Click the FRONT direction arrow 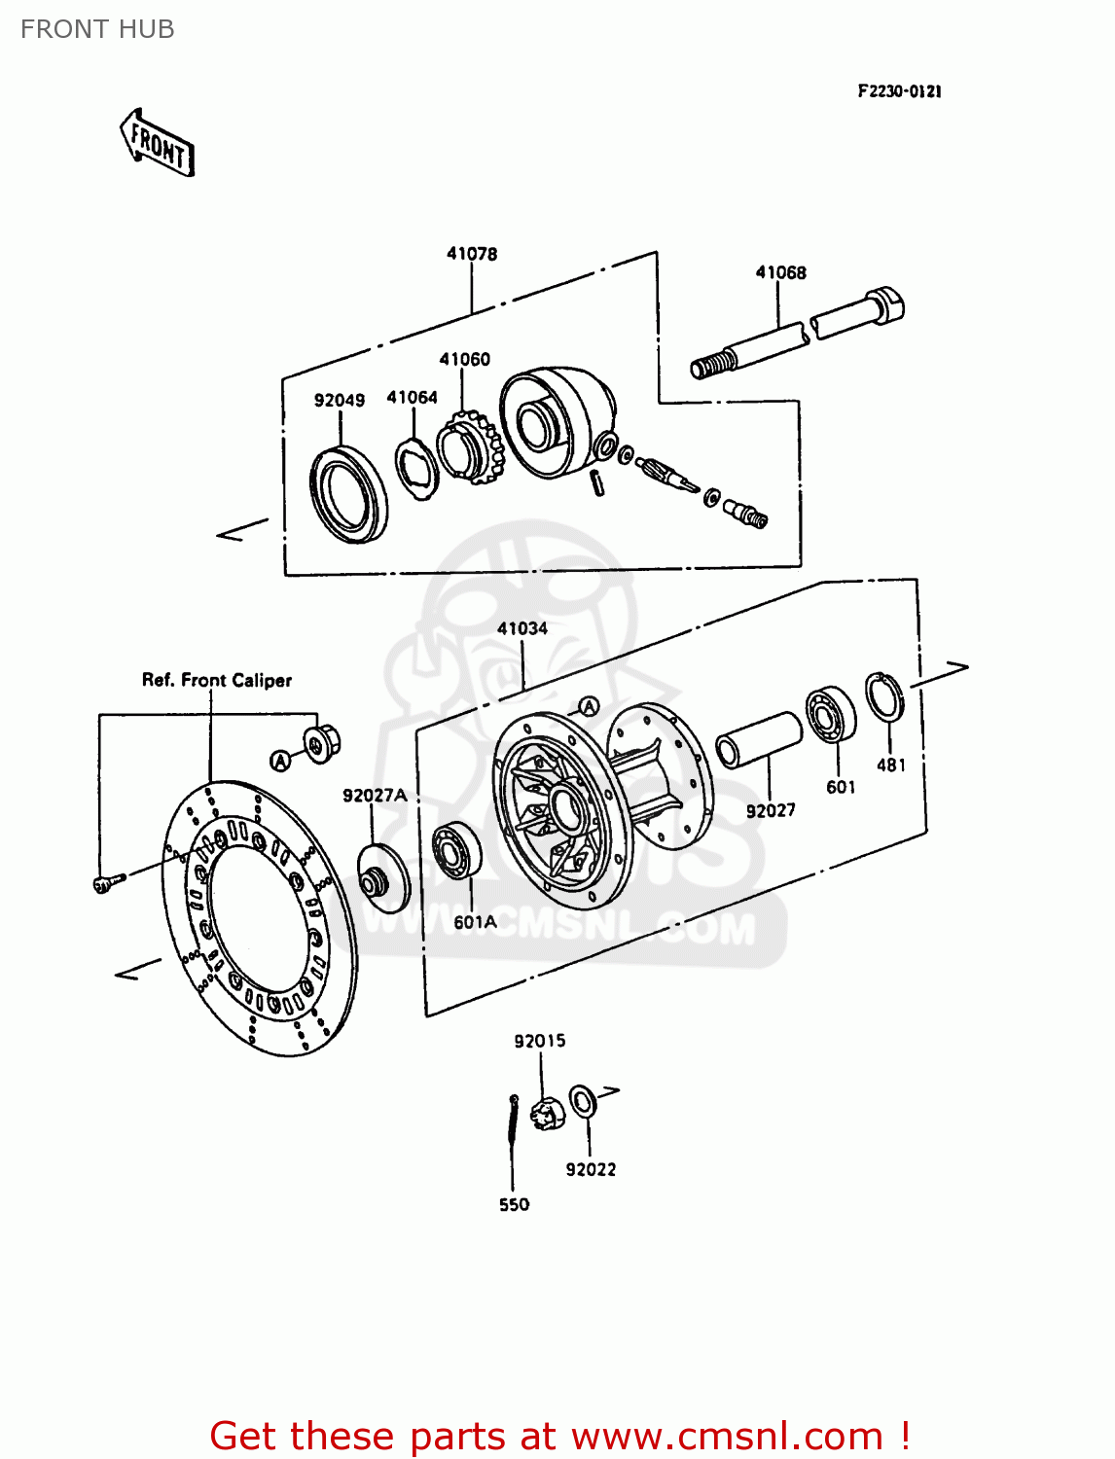158,144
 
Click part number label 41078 472,254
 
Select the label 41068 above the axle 780,272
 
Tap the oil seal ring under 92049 348,494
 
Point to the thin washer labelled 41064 416,469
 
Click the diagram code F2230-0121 899,91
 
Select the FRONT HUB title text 97,29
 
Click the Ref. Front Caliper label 216,680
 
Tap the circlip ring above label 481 884,697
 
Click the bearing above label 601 830,715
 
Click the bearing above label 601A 456,851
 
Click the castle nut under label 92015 547,1112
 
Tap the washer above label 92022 583,1101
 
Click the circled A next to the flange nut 280,761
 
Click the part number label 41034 522,628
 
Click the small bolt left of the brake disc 107,882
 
